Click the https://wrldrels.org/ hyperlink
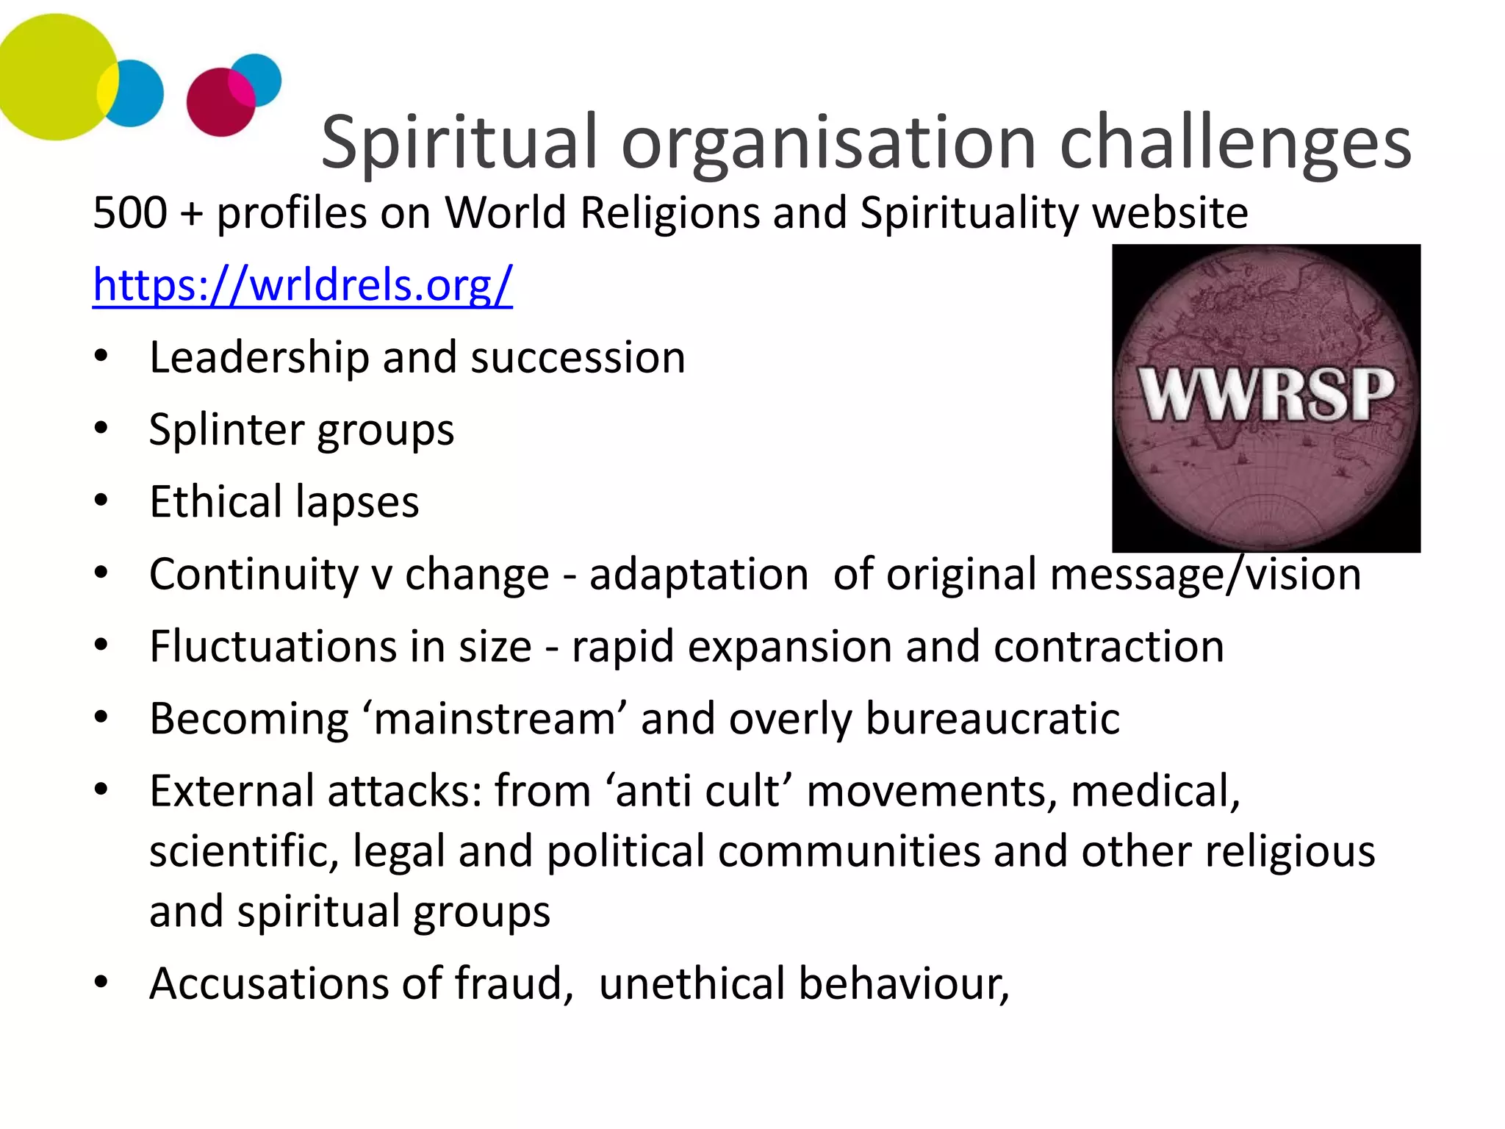302,284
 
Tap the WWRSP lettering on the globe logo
1266,395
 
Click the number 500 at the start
130,213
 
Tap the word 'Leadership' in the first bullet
259,358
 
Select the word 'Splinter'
225,429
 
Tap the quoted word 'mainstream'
495,718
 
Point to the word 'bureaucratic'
993,718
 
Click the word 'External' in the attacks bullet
231,791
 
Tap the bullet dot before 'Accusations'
101,982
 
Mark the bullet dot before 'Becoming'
101,717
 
